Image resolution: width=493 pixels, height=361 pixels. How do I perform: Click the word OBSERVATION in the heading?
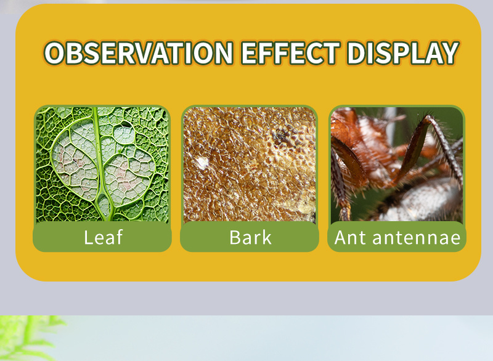(139, 53)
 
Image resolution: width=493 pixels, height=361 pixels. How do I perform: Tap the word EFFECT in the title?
(290, 53)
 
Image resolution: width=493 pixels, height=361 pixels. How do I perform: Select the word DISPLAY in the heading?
(403, 53)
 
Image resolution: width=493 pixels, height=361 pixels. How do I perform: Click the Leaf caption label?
(103, 237)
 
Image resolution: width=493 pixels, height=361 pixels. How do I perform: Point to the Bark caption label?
(250, 237)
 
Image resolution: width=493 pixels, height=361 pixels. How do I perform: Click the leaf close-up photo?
(102, 164)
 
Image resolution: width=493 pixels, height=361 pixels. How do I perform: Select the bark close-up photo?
(250, 164)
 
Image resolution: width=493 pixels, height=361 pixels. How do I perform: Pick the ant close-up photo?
(397, 164)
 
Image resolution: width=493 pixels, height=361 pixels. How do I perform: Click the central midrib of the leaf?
(100, 163)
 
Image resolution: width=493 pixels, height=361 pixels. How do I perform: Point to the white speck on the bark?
(202, 162)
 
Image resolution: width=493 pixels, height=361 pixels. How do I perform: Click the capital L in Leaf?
(88, 237)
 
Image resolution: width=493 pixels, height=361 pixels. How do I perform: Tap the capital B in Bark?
(235, 237)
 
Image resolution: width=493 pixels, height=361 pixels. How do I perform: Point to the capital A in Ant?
(341, 237)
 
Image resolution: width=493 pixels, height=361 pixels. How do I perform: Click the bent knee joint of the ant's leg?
(429, 118)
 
